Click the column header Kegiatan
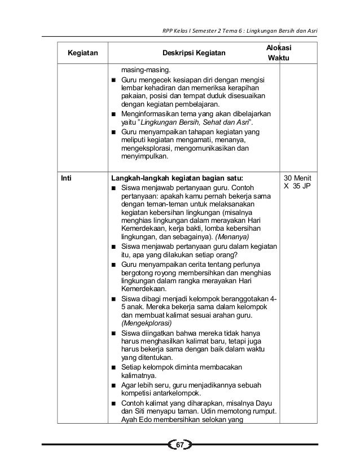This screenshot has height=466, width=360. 82,54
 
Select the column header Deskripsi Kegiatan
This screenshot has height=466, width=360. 194,54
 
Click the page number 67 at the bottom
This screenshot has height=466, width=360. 180,446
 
